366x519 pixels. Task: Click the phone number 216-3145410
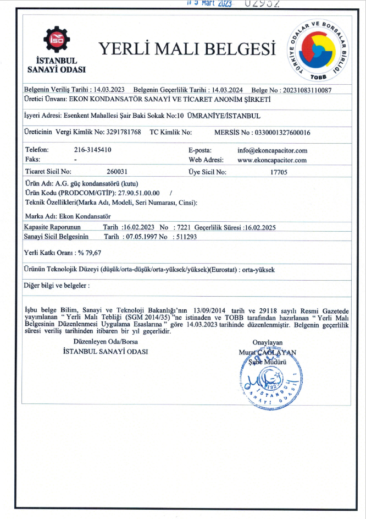[x=93, y=150]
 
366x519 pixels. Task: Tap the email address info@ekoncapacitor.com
[x=272, y=150]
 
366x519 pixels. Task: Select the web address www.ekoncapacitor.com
[x=272, y=160]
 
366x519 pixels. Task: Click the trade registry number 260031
[x=117, y=172]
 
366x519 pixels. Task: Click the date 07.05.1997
[x=138, y=237]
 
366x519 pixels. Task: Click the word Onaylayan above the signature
[x=267, y=342]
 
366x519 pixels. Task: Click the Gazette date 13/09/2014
[x=205, y=312]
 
